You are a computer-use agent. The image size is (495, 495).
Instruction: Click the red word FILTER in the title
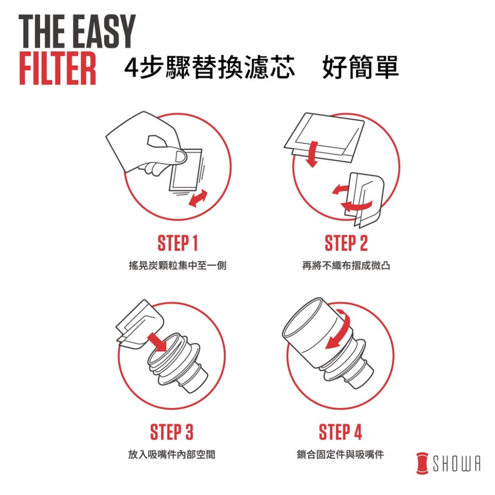pos(57,68)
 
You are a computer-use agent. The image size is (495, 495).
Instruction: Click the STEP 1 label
pos(177,244)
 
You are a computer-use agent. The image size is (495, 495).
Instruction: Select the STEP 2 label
pos(346,244)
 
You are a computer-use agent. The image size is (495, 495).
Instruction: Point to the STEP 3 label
pos(171,432)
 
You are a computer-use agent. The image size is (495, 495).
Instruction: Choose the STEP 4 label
pos(341,432)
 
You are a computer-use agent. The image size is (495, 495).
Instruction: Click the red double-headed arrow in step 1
pos(198,198)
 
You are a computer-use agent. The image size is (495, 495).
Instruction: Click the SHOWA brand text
pos(456,463)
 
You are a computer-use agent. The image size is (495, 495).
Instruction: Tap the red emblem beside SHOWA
pos(422,463)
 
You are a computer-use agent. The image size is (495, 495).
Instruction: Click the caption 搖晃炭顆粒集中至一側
pos(177,265)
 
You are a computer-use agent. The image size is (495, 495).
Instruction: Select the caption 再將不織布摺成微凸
pos(346,265)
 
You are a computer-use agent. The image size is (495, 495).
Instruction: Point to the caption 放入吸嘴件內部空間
pos(171,454)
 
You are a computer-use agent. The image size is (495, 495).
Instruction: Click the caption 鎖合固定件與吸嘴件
pos(341,454)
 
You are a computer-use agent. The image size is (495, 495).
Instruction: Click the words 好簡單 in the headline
pos(360,67)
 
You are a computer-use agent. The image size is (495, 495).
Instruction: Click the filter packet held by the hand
pos(186,170)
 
